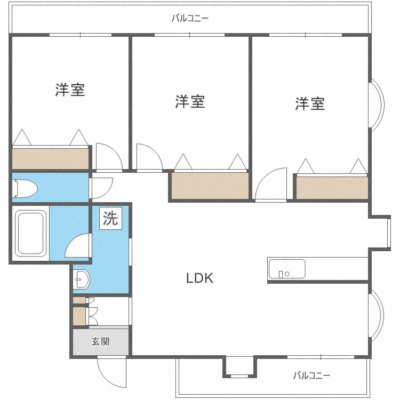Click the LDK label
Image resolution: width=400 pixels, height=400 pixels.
tap(199, 278)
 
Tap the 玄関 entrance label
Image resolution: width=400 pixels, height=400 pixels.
tap(100, 341)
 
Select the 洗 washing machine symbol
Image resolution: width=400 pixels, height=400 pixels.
tap(110, 219)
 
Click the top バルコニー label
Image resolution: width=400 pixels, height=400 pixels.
tap(190, 19)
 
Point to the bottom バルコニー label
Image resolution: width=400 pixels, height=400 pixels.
tap(311, 375)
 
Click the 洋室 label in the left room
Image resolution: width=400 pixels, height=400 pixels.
tap(70, 90)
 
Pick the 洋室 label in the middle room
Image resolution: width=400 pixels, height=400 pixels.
tap(190, 101)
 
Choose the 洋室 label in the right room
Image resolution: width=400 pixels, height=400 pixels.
tap(310, 103)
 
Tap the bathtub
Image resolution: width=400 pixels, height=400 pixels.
tap(31, 233)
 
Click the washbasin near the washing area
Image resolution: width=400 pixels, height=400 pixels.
tap(82, 279)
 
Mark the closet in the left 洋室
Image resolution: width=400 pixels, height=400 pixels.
tap(50, 158)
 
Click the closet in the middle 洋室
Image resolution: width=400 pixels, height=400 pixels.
tap(210, 185)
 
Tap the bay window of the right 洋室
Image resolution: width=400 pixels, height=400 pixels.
tap(377, 105)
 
